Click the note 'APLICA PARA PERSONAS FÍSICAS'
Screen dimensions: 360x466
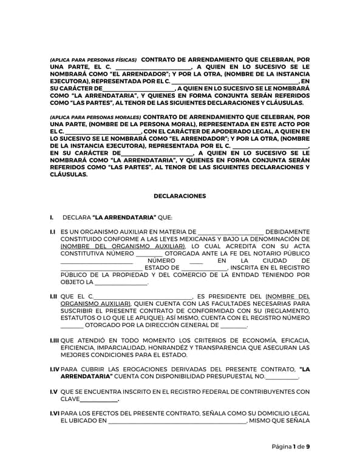tap(93, 61)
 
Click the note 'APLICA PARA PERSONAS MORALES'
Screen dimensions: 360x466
tap(95, 116)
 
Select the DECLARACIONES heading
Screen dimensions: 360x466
tap(180, 196)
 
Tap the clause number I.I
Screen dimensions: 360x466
tap(53, 231)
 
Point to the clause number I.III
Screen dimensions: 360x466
tap(55, 340)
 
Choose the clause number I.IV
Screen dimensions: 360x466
tap(55, 369)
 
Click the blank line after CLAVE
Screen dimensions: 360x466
tap(99, 399)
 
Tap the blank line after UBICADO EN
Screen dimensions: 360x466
tap(177, 421)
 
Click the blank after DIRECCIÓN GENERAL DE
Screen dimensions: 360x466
tap(234, 326)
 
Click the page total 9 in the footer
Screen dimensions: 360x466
tap(308, 447)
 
